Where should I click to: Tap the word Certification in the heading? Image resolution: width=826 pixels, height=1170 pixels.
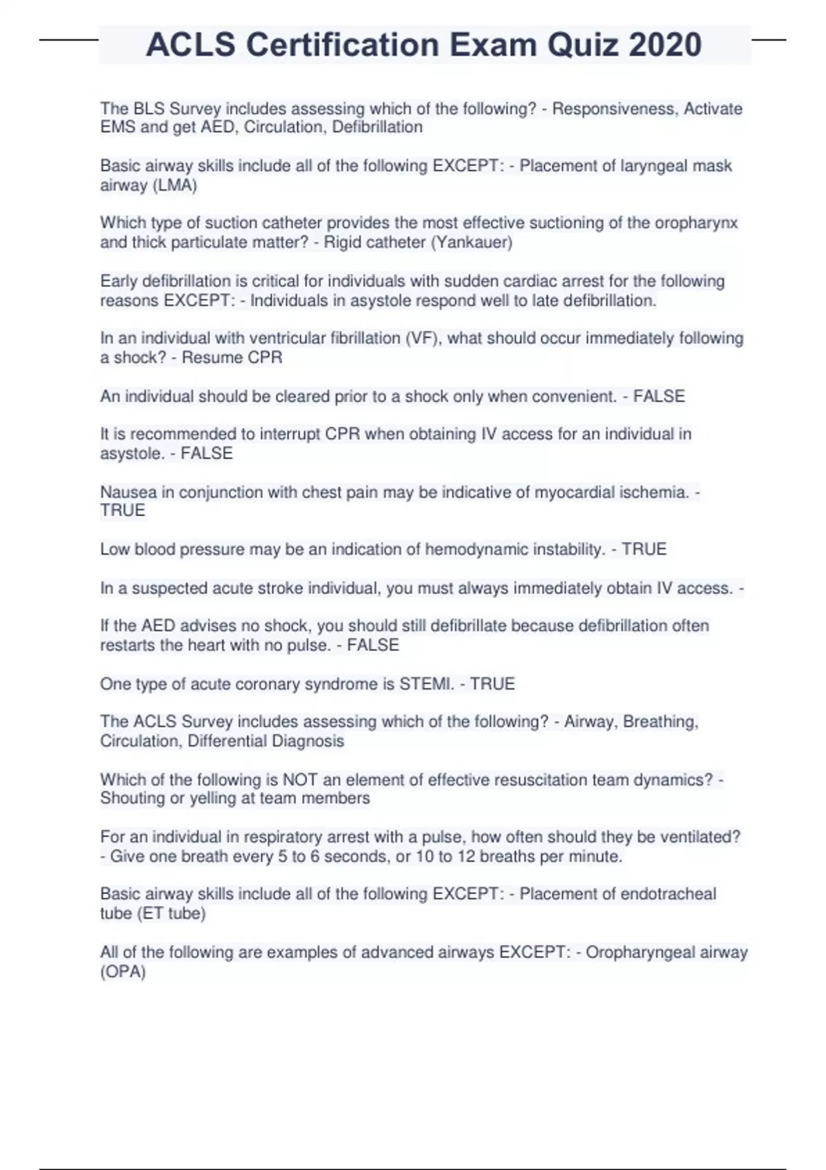342,45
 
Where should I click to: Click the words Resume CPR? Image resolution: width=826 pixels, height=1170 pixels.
232,357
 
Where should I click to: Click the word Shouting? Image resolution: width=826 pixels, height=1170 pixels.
131,798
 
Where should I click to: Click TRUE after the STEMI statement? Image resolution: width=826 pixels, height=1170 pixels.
492,683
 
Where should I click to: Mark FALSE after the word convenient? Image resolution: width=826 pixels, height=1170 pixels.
659,396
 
